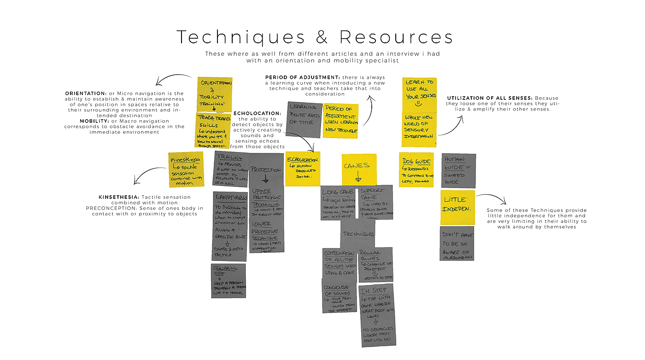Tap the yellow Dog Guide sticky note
pyautogui.click(x=416, y=169)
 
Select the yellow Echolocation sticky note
pyautogui.click(x=303, y=168)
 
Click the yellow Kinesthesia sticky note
pyautogui.click(x=186, y=169)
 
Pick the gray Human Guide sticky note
pyautogui.click(x=458, y=171)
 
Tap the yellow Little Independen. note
pyautogui.click(x=457, y=207)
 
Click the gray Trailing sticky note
pyautogui.click(x=231, y=169)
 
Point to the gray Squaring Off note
pyautogui.click(x=228, y=280)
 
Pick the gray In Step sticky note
pyautogui.click(x=376, y=314)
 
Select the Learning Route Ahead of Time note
pyautogui.click(x=304, y=119)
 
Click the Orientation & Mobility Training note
pyautogui.click(x=215, y=94)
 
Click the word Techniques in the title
pyautogui.click(x=241, y=37)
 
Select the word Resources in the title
pyautogui.click(x=397, y=37)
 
